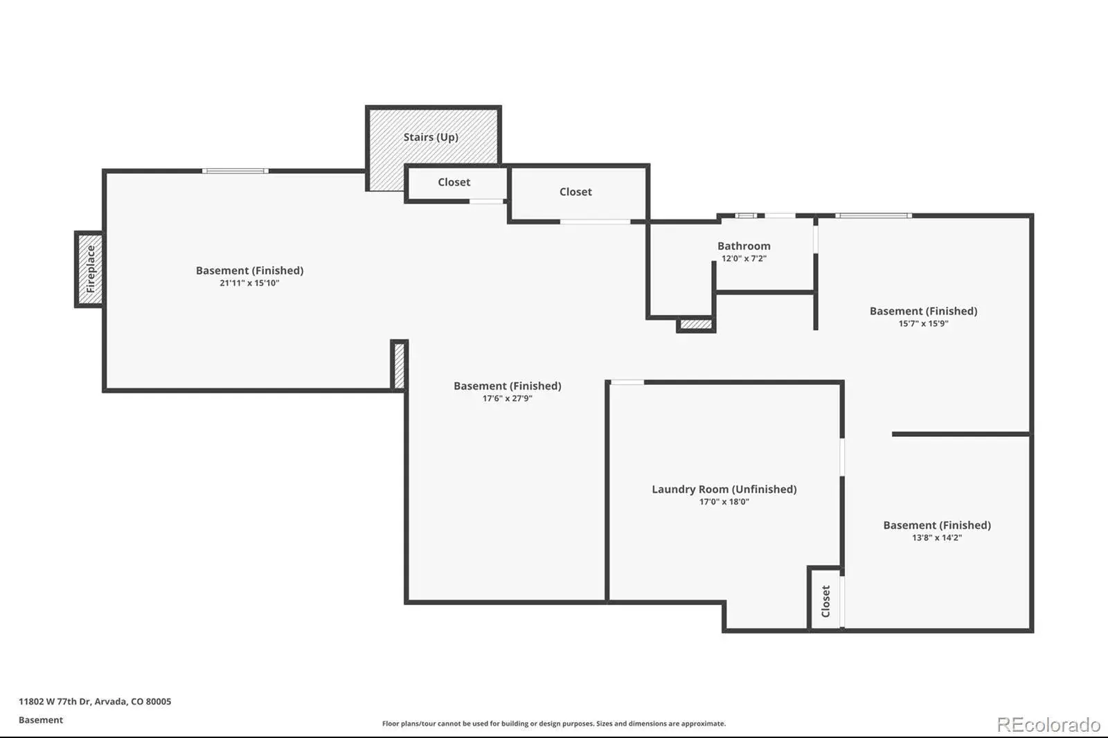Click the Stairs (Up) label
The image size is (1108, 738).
[x=431, y=137]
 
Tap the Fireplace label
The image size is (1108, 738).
[x=91, y=269]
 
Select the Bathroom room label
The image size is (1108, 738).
[x=744, y=246]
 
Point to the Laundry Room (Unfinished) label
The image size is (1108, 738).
[x=724, y=489]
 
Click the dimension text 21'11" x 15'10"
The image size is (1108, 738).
[x=249, y=283]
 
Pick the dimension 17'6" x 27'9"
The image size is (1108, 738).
[x=508, y=398]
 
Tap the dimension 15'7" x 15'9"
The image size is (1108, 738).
[x=924, y=323]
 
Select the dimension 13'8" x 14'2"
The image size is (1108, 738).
[x=937, y=538]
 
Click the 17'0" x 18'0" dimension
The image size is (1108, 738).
[x=724, y=501]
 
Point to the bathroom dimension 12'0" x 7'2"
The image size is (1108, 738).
[x=744, y=258]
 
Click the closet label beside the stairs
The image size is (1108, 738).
[x=454, y=182]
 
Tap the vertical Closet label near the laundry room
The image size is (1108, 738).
[x=825, y=601]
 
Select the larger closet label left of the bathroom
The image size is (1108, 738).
[x=575, y=192]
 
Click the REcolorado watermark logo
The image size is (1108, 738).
[x=1048, y=725]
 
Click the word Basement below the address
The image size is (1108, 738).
[x=41, y=720]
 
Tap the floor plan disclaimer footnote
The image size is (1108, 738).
[x=554, y=723]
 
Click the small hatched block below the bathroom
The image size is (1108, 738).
[x=696, y=325]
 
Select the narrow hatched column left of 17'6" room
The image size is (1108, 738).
[x=399, y=366]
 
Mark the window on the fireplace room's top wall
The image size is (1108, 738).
[x=235, y=171]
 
